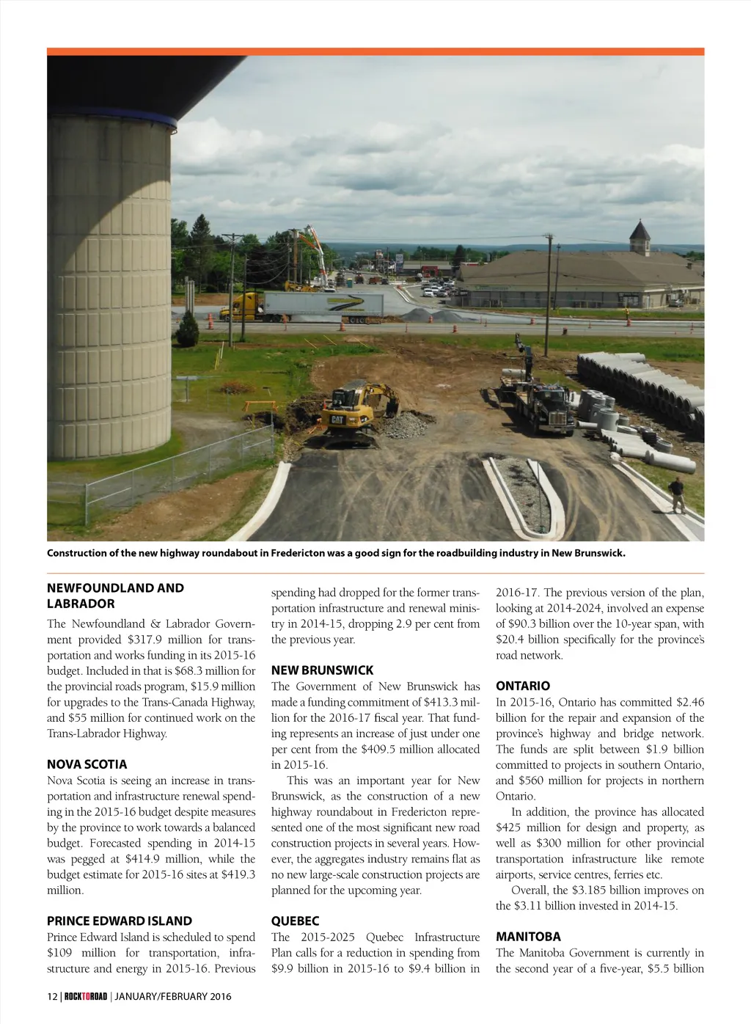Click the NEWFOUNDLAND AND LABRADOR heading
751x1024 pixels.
(115, 596)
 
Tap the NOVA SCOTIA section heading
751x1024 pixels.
(87, 764)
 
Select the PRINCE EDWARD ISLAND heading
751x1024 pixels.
(120, 921)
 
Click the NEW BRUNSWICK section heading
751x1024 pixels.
(322, 670)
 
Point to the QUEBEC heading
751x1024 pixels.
(295, 921)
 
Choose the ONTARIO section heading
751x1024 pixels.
(522, 686)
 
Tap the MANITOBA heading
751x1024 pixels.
(528, 937)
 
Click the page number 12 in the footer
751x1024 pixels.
(52, 996)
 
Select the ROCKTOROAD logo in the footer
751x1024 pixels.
(85, 996)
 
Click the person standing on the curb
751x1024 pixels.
(678, 494)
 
